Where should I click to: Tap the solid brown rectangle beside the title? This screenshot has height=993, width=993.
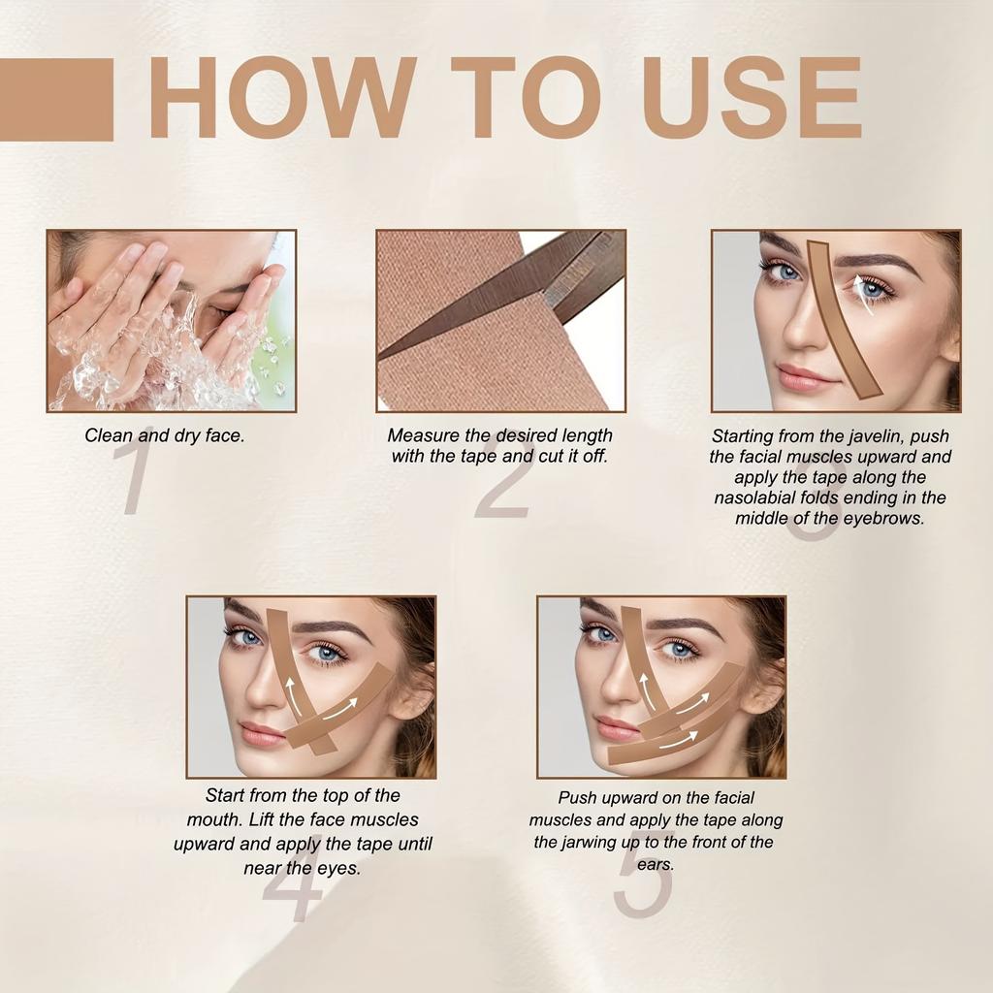coord(56,100)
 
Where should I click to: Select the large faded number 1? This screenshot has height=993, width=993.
coord(136,470)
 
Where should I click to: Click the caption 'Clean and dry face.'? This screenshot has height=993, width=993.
coord(165,435)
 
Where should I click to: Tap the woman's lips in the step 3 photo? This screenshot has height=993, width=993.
coord(803,376)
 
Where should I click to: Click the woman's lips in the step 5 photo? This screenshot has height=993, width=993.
coord(617,727)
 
